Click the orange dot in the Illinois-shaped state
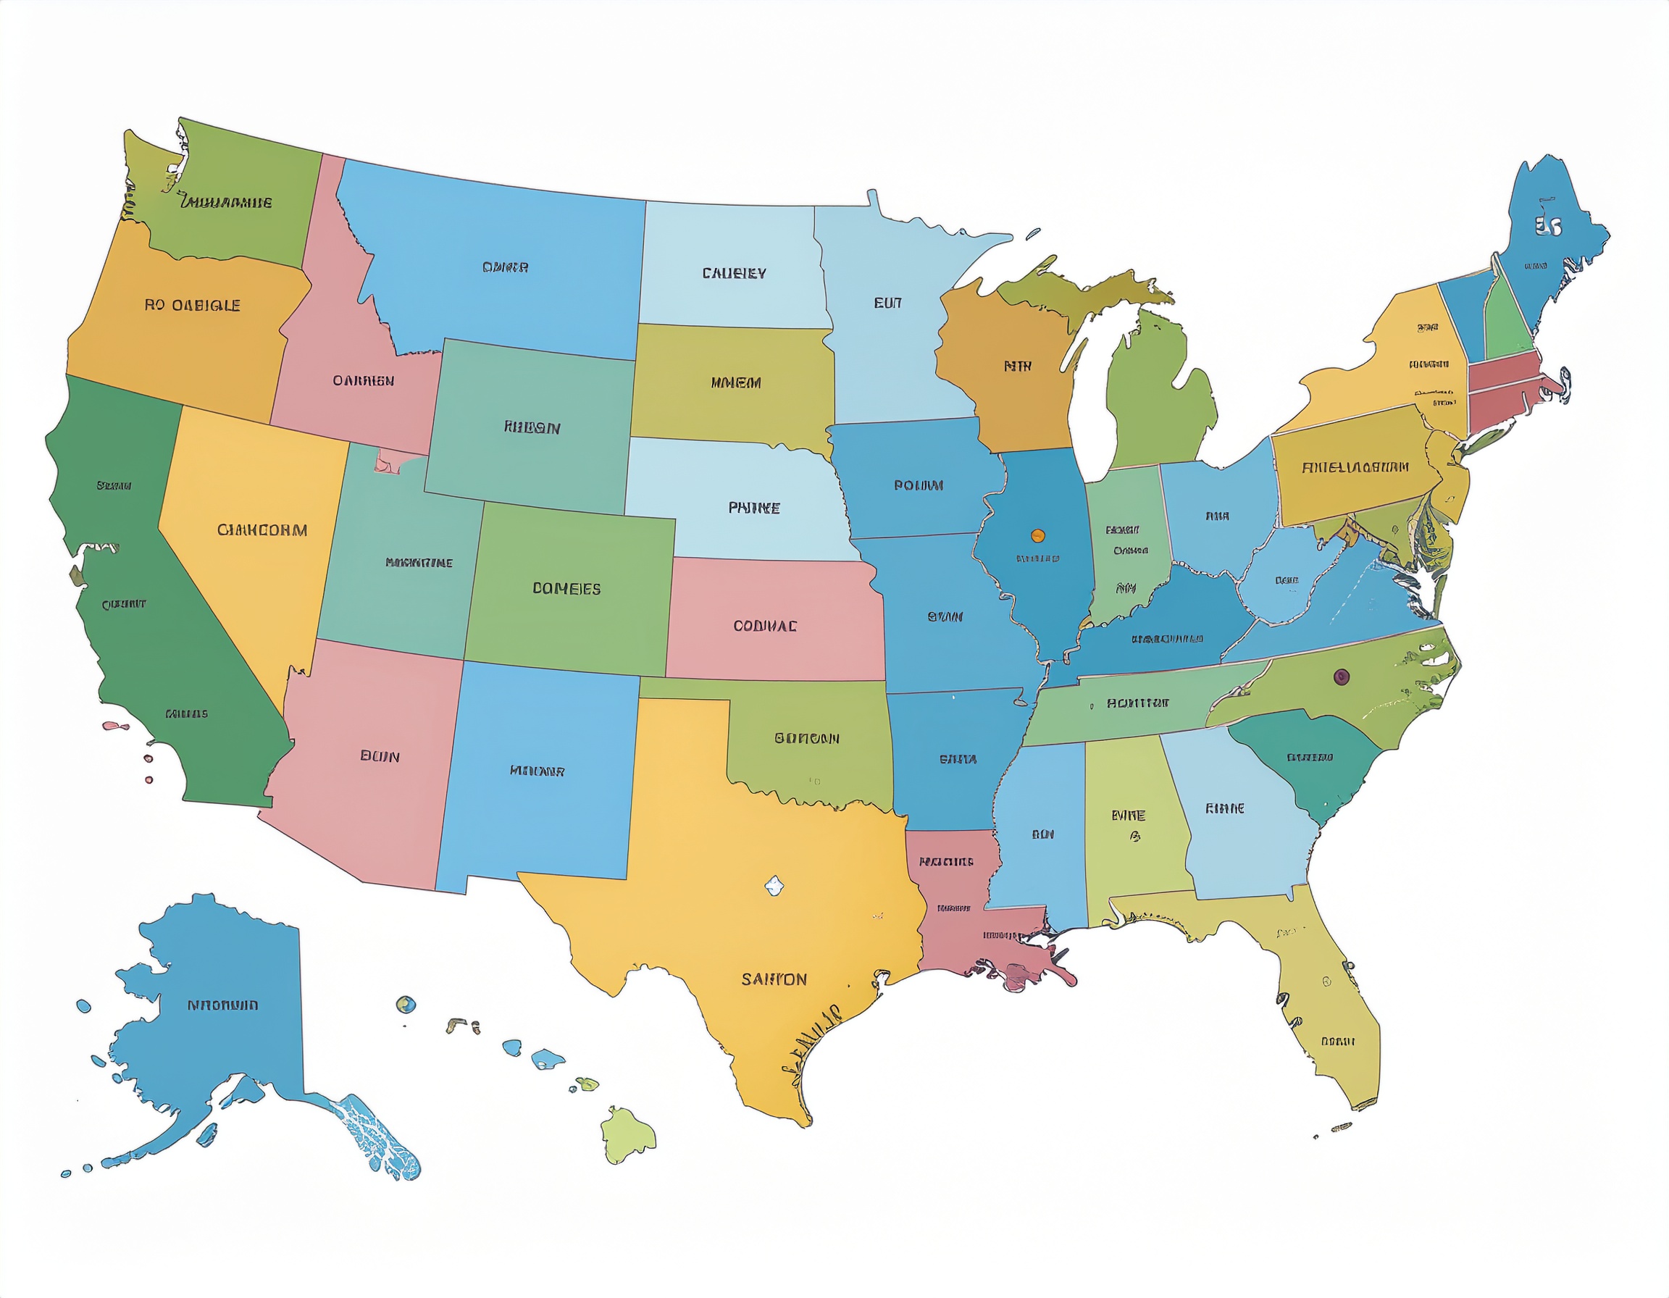[x=1037, y=535]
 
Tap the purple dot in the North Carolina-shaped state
[x=1340, y=676]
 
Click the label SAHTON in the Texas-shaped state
[x=774, y=979]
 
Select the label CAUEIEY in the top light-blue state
[x=734, y=273]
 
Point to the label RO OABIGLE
[x=193, y=305]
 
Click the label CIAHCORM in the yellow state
[x=262, y=529]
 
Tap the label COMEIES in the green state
[x=566, y=588]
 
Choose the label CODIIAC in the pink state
[x=765, y=626]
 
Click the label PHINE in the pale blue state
[x=753, y=507]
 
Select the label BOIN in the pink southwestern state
[x=380, y=756]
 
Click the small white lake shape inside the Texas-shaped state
[x=774, y=885]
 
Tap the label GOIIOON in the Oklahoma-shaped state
[x=806, y=738]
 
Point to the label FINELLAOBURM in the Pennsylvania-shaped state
[x=1354, y=466]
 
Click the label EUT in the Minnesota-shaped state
[x=887, y=303]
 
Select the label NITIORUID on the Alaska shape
[x=222, y=1005]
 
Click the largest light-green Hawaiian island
[x=627, y=1134]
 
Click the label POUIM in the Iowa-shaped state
[x=918, y=485]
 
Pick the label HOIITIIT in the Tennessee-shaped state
[x=1137, y=703]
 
